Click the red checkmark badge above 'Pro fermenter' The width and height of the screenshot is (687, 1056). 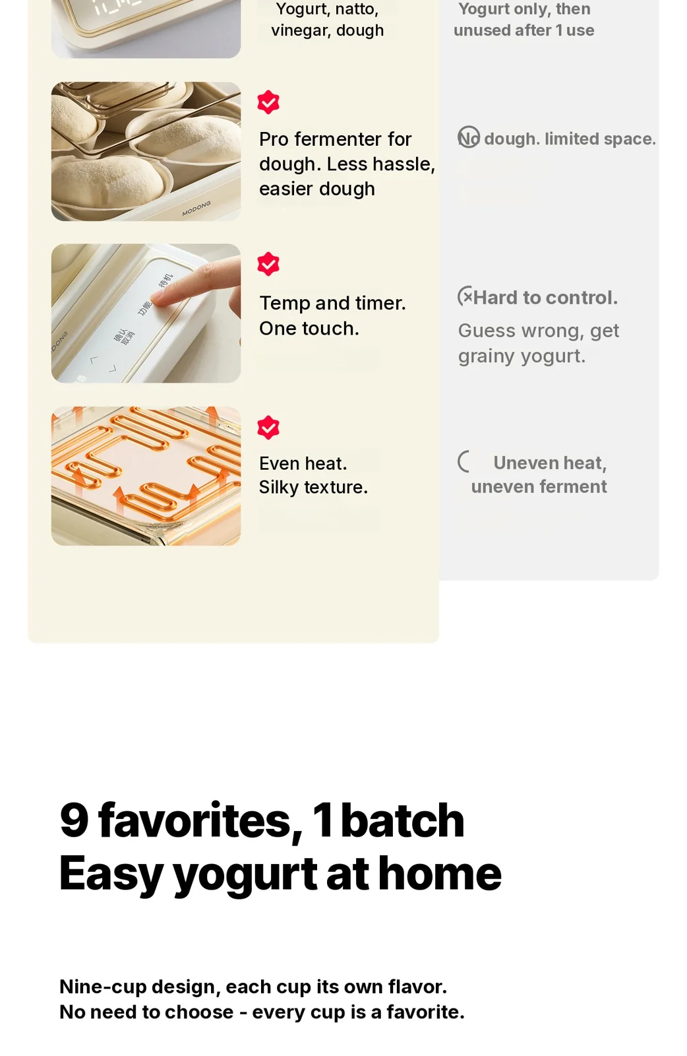[268, 102]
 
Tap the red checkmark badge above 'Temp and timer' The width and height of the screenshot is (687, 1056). [268, 263]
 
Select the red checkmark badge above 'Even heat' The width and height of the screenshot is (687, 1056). [268, 427]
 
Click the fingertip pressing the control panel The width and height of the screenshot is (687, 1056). [159, 298]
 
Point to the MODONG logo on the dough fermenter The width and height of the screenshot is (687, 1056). [196, 209]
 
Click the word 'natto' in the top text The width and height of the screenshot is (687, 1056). [357, 9]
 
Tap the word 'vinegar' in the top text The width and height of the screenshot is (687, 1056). [301, 30]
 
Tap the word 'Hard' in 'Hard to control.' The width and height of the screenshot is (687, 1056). [494, 298]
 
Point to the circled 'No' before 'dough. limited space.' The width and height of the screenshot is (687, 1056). [469, 137]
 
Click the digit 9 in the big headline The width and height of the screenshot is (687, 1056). [74, 821]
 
